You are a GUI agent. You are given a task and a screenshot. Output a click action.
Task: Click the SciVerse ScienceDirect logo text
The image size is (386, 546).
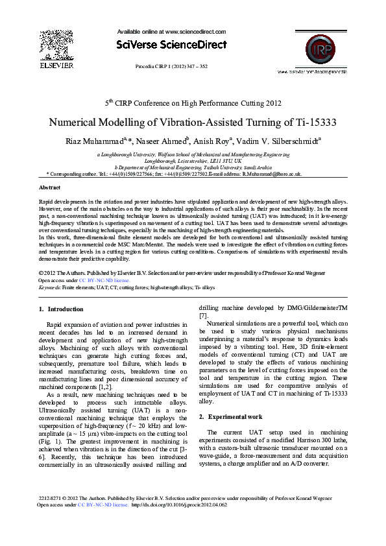[172, 45]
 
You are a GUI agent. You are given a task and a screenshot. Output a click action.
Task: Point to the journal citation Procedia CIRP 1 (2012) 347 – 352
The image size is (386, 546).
[171, 66]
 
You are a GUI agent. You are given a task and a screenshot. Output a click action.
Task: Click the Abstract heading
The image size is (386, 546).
[50, 187]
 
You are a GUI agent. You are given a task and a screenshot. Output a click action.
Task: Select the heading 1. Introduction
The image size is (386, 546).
[61, 309]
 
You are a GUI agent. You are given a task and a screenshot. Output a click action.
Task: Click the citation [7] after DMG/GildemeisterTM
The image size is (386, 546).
[203, 315]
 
